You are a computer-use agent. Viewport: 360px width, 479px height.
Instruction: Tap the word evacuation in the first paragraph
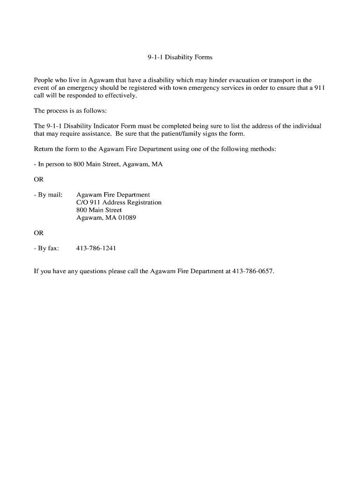[237, 80]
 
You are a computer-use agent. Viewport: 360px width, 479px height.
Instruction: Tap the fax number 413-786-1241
[96, 248]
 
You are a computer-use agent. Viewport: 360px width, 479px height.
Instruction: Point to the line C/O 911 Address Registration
[119, 203]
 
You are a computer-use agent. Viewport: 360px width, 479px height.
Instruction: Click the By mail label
[48, 195]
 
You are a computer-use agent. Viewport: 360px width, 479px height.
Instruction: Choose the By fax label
[46, 248]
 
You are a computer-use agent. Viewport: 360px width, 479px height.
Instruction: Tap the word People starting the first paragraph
[44, 80]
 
